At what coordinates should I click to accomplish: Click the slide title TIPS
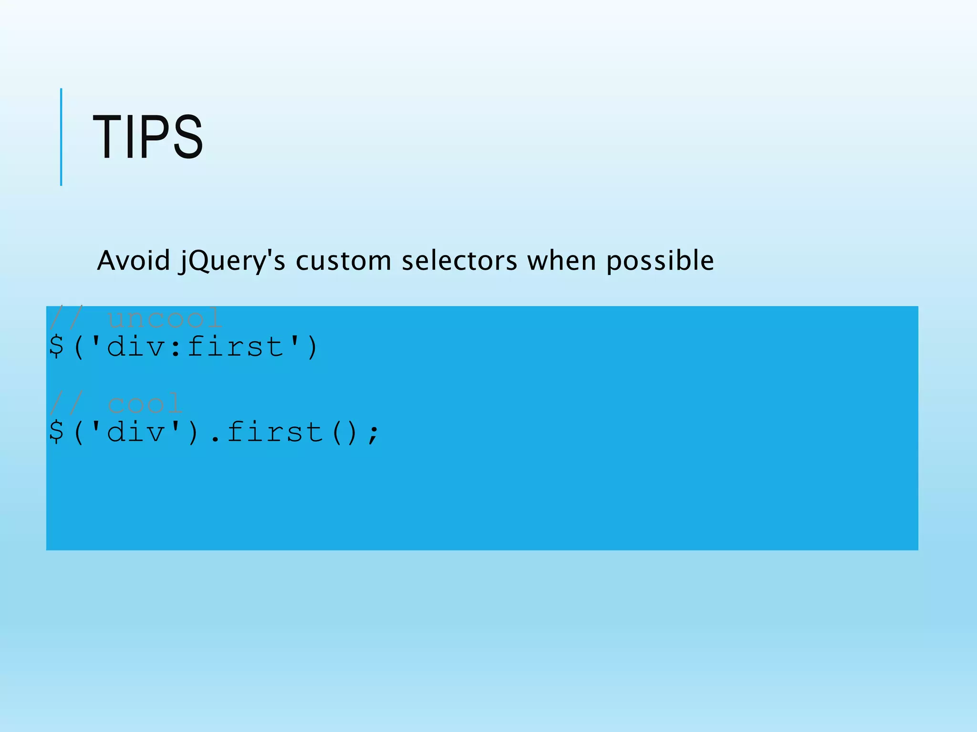coord(148,137)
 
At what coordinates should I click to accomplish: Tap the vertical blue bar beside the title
coord(61,137)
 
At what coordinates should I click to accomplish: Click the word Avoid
coord(134,261)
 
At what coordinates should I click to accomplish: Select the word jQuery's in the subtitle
coord(232,262)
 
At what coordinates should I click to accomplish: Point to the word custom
coord(343,261)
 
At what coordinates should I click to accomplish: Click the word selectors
coord(459,261)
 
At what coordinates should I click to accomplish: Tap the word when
coord(561,261)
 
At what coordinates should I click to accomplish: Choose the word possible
coord(660,262)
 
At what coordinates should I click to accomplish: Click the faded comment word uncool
coord(165,318)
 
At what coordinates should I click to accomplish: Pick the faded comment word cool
coord(145,404)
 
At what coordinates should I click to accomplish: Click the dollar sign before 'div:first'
coord(56,346)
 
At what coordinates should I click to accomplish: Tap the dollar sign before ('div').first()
coord(56,432)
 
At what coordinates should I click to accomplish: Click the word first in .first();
coord(275,432)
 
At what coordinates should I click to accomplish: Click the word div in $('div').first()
coord(136,432)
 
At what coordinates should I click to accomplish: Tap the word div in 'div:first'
coord(136,346)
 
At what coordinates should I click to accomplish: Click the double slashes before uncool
coord(66,318)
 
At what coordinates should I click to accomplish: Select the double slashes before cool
coord(66,404)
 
